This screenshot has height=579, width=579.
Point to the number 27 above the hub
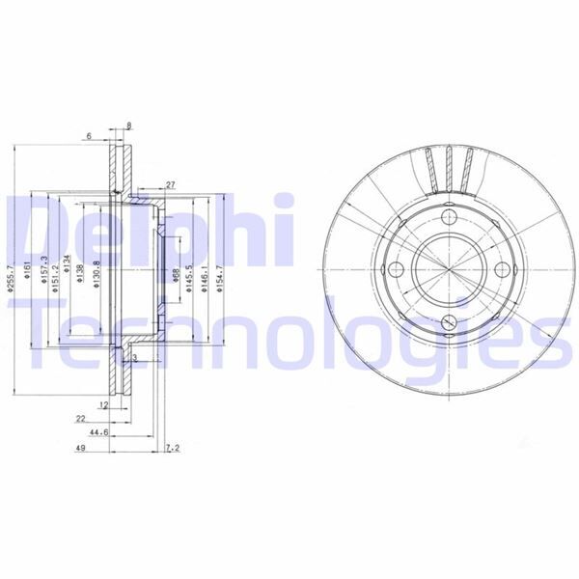coord(170,184)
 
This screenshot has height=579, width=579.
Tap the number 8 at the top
coord(128,125)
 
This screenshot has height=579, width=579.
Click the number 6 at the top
coord(88,137)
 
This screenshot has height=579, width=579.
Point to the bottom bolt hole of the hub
coord(451,322)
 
